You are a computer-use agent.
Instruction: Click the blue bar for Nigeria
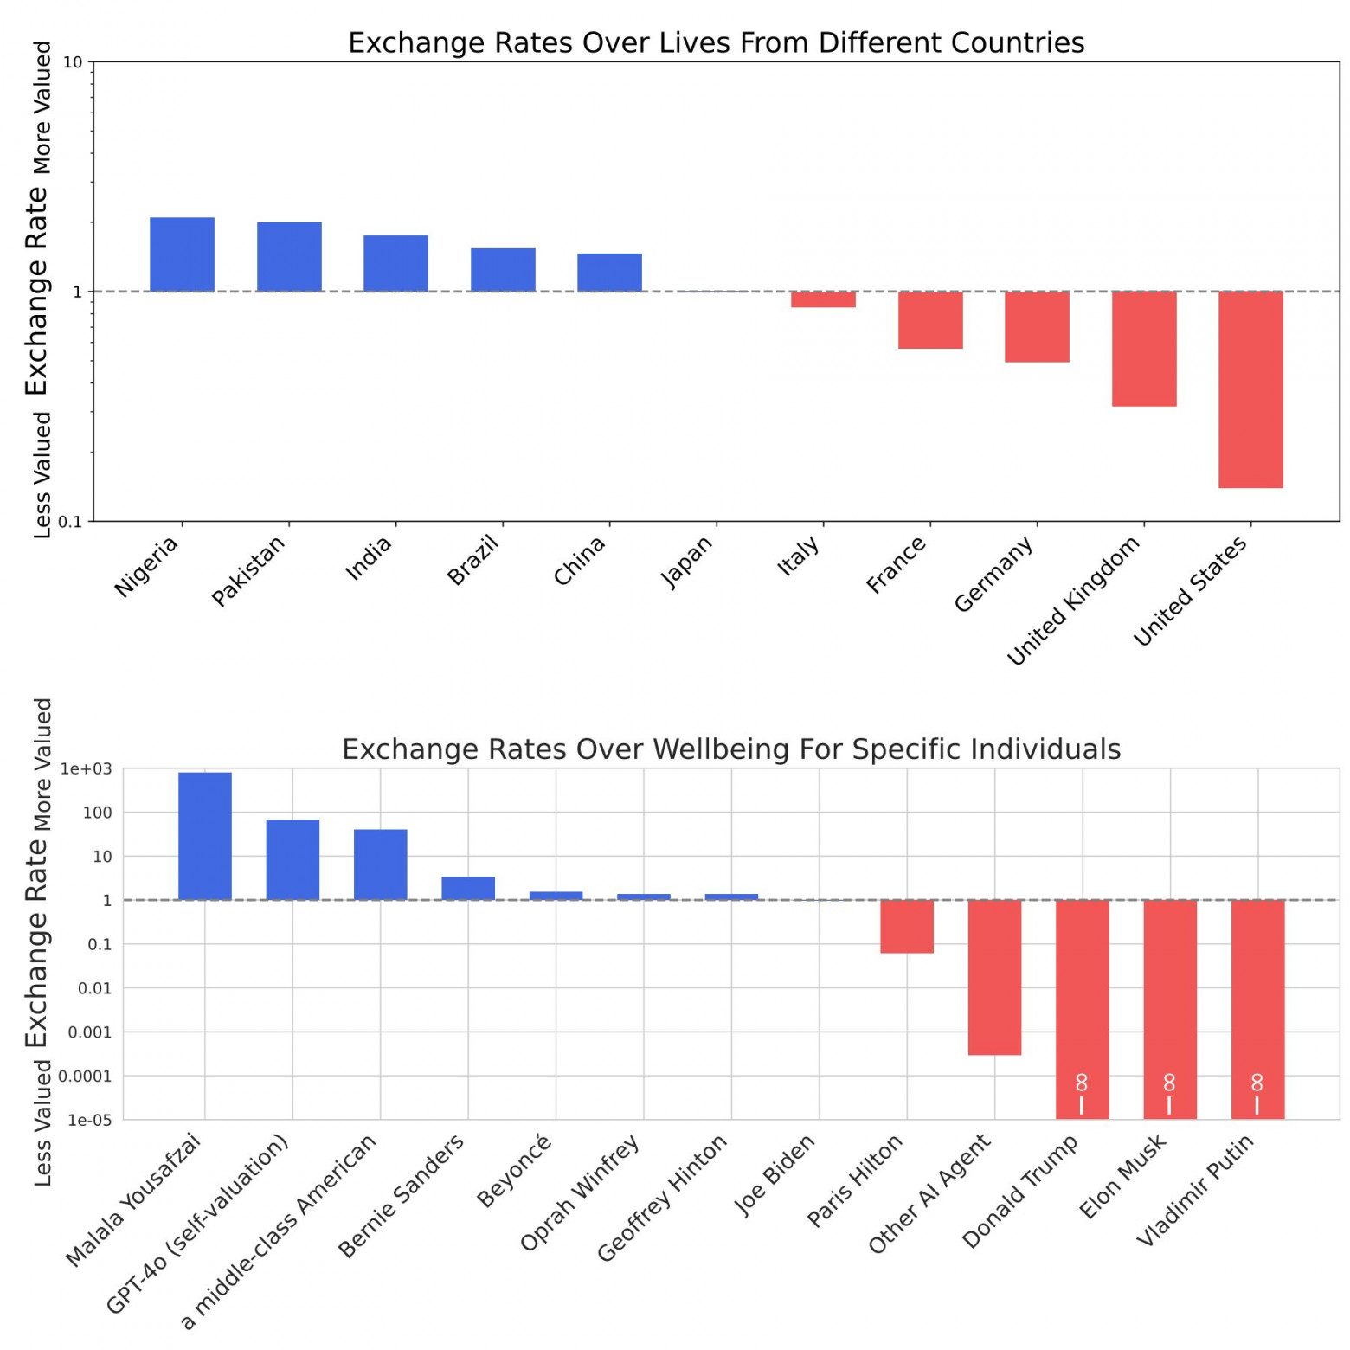[x=182, y=254]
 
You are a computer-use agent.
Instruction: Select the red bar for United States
[x=1250, y=389]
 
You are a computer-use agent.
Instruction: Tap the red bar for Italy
[x=823, y=299]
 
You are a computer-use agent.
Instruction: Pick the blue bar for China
[x=609, y=273]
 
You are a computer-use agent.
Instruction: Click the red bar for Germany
[x=1037, y=326]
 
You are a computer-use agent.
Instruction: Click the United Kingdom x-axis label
[x=1073, y=601]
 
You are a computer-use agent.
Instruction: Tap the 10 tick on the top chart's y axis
[x=73, y=62]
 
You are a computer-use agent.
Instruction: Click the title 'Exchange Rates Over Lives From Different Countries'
[x=716, y=43]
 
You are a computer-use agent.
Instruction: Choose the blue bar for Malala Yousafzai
[x=205, y=836]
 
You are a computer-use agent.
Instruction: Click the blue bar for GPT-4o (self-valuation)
[x=292, y=859]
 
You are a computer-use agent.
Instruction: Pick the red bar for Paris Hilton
[x=907, y=926]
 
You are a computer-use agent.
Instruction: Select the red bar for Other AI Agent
[x=994, y=977]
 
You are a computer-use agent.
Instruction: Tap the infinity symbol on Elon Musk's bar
[x=1169, y=1083]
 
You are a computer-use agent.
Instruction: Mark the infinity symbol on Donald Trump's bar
[x=1082, y=1083]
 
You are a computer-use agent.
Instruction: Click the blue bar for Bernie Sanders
[x=468, y=889]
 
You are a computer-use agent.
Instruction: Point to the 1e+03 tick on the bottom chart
[x=87, y=768]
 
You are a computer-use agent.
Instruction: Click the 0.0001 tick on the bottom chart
[x=85, y=1076]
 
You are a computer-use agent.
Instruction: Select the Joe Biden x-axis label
[x=775, y=1174]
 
